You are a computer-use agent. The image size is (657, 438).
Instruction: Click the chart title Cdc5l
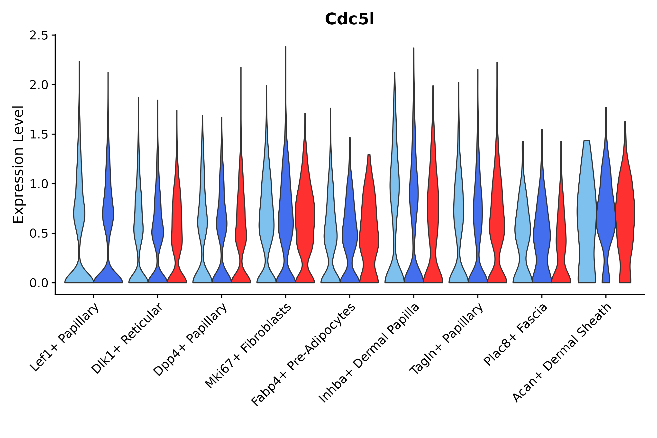349,19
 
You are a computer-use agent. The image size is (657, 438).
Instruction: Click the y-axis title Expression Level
18,164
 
